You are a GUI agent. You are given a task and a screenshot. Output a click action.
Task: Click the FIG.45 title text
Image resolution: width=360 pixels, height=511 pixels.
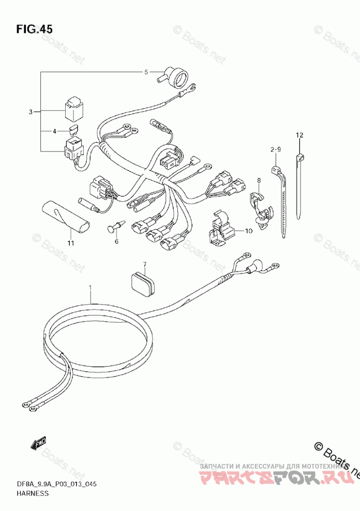(34, 29)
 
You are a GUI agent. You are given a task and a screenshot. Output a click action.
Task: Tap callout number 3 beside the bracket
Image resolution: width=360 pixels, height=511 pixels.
(31, 112)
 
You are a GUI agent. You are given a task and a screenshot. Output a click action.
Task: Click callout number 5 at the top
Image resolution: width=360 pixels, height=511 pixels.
(146, 72)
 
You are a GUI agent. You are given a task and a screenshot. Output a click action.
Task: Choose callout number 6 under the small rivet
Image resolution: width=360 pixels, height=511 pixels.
(116, 241)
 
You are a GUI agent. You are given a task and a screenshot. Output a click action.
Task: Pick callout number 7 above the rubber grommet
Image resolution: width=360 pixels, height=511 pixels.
(145, 264)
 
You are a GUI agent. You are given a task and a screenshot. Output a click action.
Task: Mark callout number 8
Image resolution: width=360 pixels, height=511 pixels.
(259, 181)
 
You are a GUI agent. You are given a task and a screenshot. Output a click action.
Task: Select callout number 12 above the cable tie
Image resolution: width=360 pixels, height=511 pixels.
(299, 136)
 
